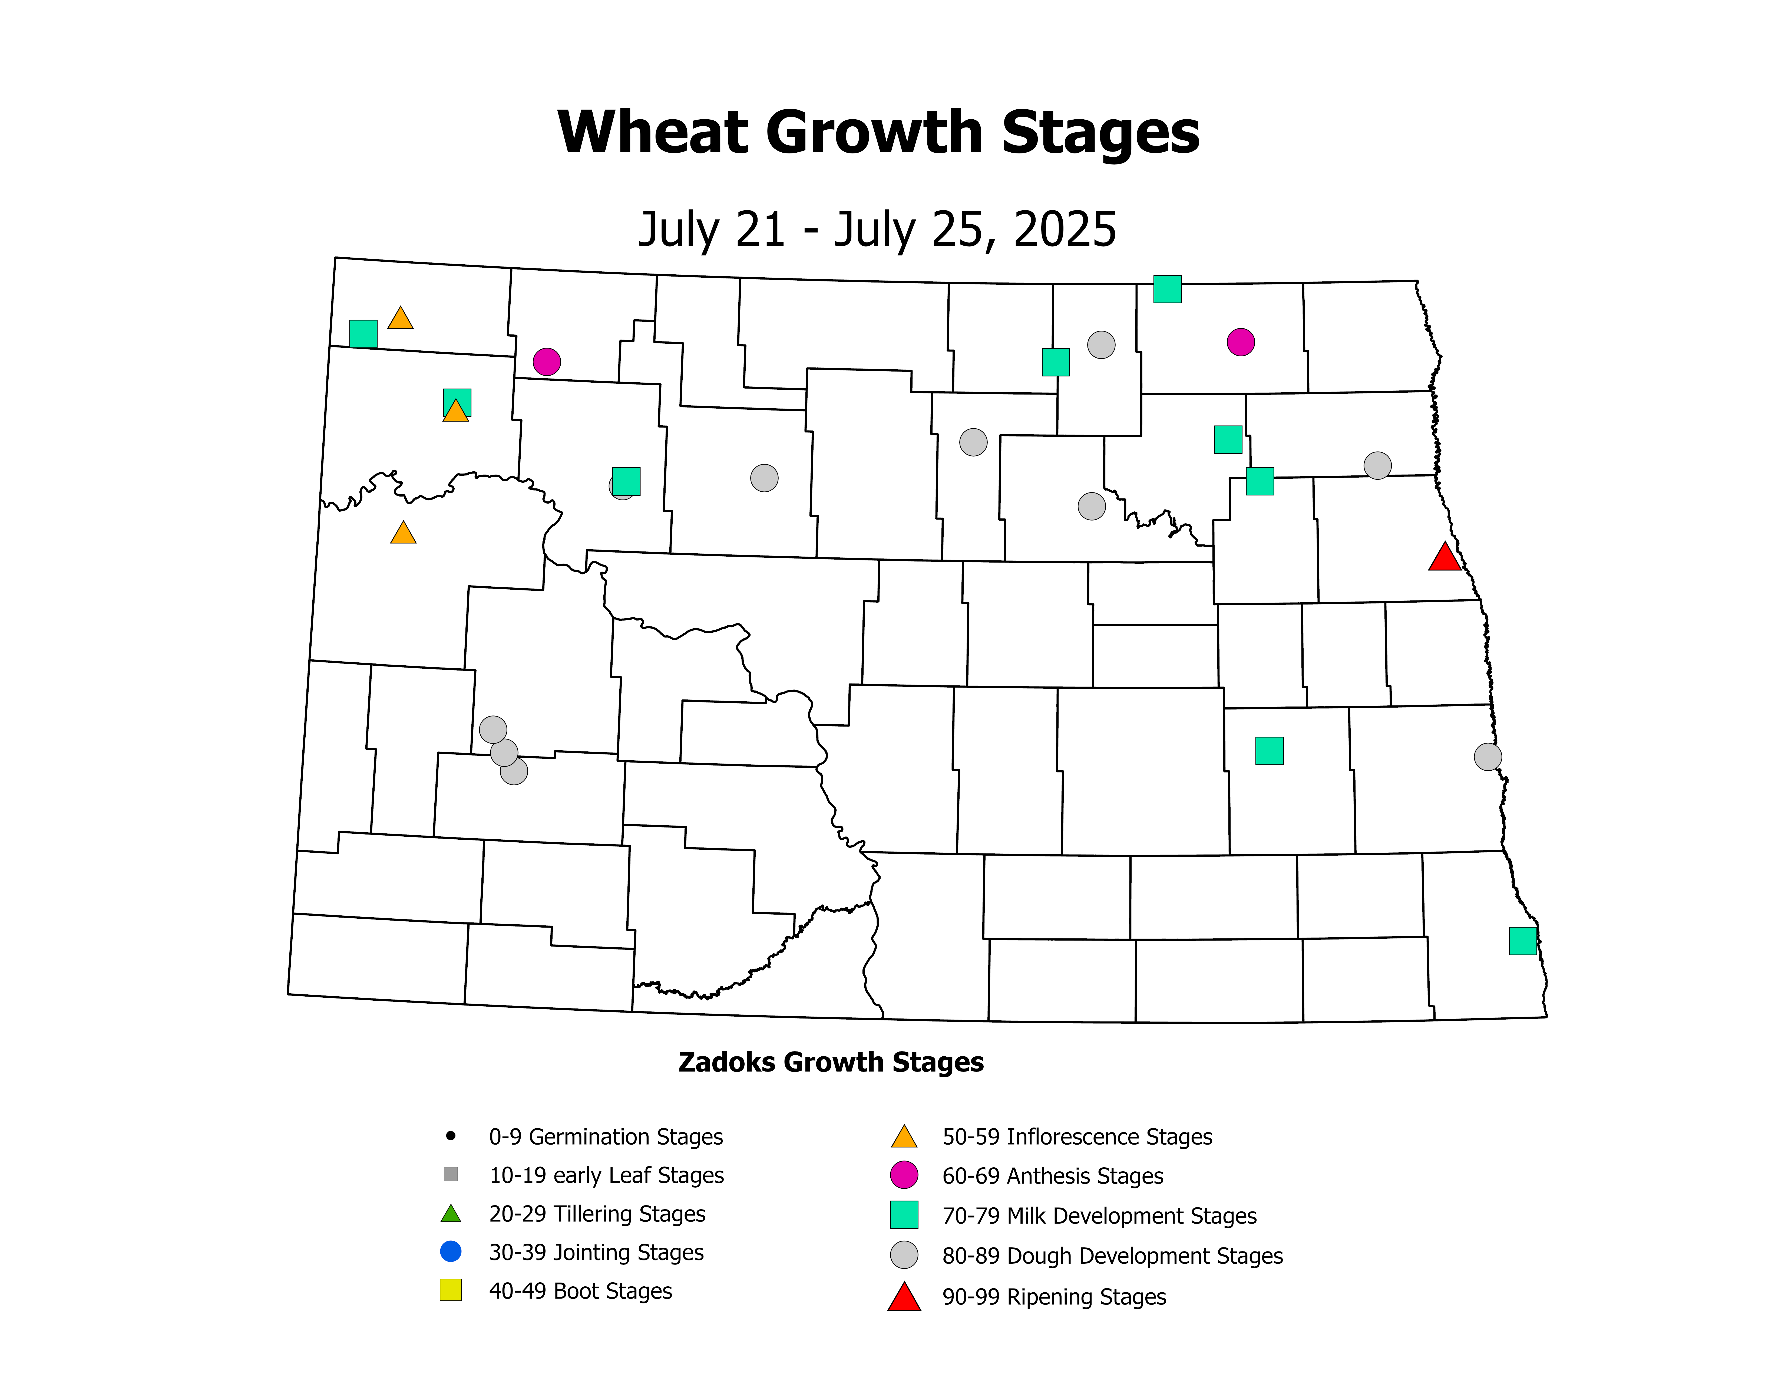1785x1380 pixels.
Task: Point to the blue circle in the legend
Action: coord(450,1252)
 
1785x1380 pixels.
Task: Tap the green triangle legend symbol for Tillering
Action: coord(450,1214)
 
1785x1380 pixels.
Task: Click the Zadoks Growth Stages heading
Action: coord(830,1062)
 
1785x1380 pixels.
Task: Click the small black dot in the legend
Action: coord(450,1136)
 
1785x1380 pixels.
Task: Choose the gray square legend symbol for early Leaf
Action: coord(450,1174)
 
